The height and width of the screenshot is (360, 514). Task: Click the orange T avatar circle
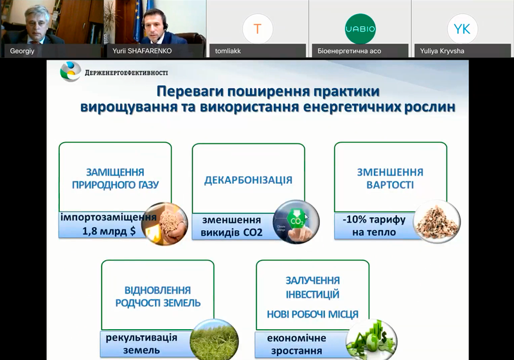(258, 29)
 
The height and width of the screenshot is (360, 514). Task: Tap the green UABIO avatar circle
(360, 29)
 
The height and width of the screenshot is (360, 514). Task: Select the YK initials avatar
(462, 29)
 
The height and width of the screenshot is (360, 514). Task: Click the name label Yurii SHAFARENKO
(142, 51)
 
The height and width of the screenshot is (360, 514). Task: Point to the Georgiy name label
(22, 51)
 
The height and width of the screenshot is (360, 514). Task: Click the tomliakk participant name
(228, 51)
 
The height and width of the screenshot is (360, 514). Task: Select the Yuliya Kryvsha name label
(442, 51)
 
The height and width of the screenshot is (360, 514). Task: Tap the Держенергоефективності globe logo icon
(70, 71)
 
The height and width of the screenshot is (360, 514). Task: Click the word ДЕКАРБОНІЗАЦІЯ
(248, 180)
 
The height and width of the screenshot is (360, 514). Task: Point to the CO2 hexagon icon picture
(296, 222)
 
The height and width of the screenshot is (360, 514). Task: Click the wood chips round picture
(437, 221)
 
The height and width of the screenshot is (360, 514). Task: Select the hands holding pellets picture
(164, 224)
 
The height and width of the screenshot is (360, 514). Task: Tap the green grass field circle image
(214, 340)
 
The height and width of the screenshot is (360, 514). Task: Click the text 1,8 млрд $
(109, 231)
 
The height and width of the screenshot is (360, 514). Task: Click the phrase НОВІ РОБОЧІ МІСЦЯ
(312, 314)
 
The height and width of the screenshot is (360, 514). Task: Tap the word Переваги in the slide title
(189, 91)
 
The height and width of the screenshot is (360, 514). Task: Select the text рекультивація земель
(141, 344)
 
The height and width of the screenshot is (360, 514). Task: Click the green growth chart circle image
(371, 340)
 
